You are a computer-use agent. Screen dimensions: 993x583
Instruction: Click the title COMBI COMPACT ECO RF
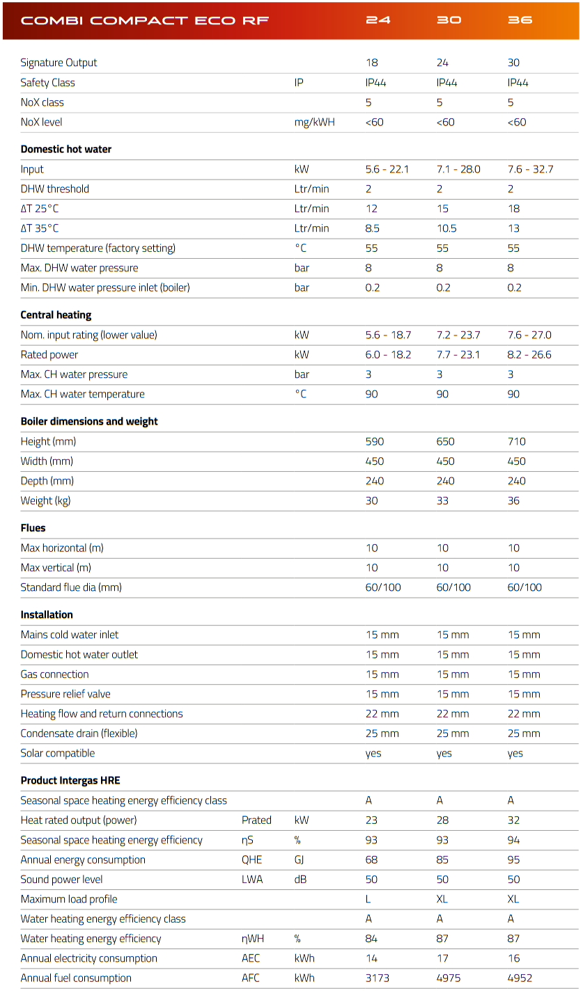pyautogui.click(x=145, y=20)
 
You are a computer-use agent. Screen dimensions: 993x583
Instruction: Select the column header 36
pyautogui.click(x=520, y=20)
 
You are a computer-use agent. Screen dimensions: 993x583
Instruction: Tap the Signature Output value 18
pyautogui.click(x=371, y=63)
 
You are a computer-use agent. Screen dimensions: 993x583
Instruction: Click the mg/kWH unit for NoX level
pyautogui.click(x=314, y=122)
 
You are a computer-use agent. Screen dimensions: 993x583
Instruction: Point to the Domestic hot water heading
pyautogui.click(x=65, y=149)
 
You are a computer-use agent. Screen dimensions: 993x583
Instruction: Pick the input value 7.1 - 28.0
pyautogui.click(x=458, y=169)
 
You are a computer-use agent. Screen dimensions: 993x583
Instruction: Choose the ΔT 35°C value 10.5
pyautogui.click(x=446, y=228)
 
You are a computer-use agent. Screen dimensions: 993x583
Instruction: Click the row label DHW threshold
pyautogui.click(x=54, y=189)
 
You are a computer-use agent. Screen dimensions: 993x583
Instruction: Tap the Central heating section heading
pyautogui.click(x=56, y=315)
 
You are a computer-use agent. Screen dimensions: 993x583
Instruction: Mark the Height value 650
pyautogui.click(x=445, y=441)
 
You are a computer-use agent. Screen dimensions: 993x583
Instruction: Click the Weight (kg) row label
pyautogui.click(x=45, y=500)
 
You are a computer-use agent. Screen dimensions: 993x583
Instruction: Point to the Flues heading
pyautogui.click(x=33, y=528)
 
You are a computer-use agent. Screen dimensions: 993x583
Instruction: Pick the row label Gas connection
pyautogui.click(x=54, y=674)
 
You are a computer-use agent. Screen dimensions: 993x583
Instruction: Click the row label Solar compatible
pyautogui.click(x=57, y=753)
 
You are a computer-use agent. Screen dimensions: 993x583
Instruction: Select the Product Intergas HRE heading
pyautogui.click(x=70, y=781)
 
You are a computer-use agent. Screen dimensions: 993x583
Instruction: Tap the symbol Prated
pyautogui.click(x=256, y=820)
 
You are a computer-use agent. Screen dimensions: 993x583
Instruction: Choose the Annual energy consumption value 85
pyautogui.click(x=442, y=860)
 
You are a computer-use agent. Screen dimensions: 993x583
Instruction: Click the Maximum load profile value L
pyautogui.click(x=368, y=899)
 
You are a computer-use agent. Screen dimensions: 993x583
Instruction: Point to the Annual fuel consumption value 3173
pyautogui.click(x=380, y=978)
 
